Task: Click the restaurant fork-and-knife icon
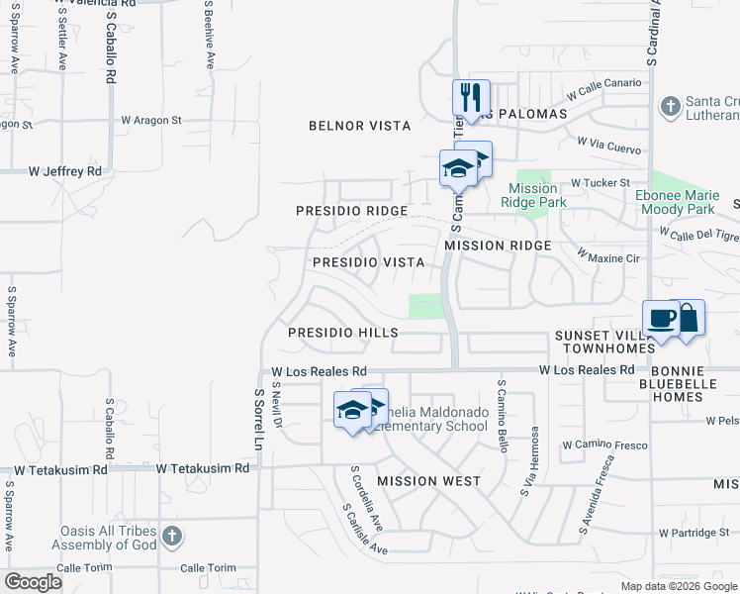[x=471, y=97]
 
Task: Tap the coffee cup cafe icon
[x=662, y=320]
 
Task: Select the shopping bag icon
[x=689, y=317]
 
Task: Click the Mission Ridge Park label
[x=532, y=195]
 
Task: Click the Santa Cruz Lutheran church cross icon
[x=670, y=105]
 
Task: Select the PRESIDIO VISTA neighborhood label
[x=368, y=262]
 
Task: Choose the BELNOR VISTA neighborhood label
[x=359, y=126]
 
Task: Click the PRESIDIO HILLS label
[x=342, y=334]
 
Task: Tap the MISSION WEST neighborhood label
[x=428, y=481]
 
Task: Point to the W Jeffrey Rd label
[x=65, y=171]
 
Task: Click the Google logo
[x=33, y=582]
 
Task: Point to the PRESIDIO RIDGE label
[x=352, y=211]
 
